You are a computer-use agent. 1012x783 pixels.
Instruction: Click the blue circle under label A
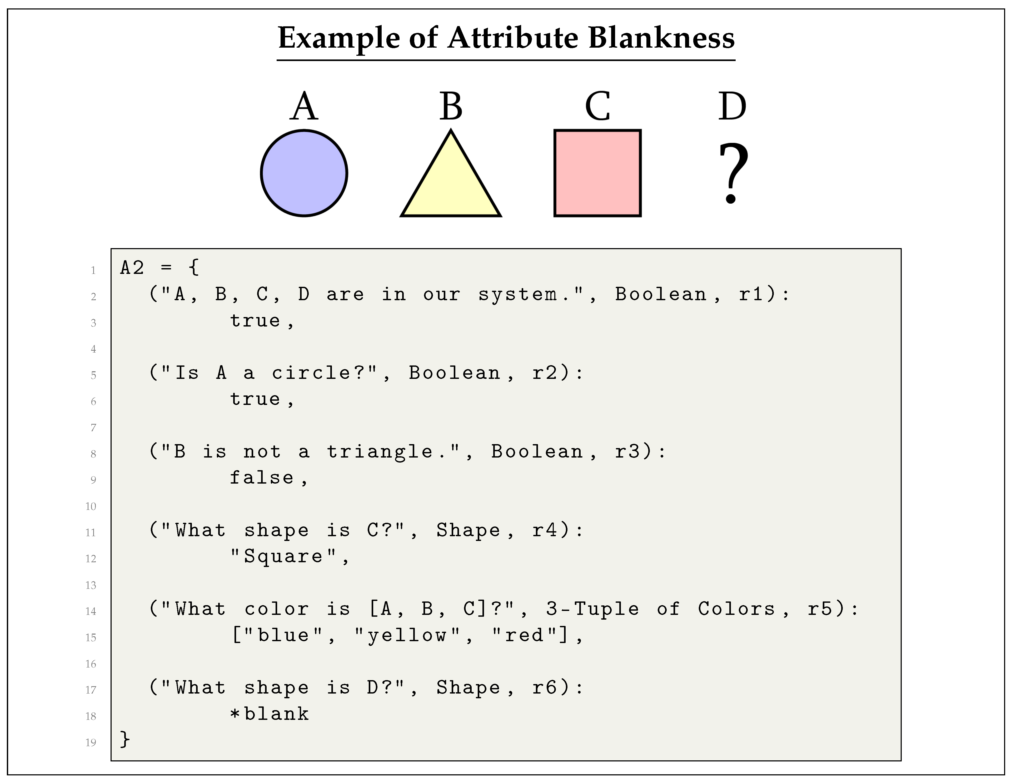(304, 173)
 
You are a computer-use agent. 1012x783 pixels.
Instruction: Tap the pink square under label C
(597, 173)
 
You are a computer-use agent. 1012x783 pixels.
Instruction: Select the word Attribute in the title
(514, 38)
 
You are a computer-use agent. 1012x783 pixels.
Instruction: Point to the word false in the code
(262, 478)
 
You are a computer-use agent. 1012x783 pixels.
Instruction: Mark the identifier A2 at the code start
(132, 268)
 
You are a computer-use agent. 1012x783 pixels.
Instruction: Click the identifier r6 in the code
(545, 687)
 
